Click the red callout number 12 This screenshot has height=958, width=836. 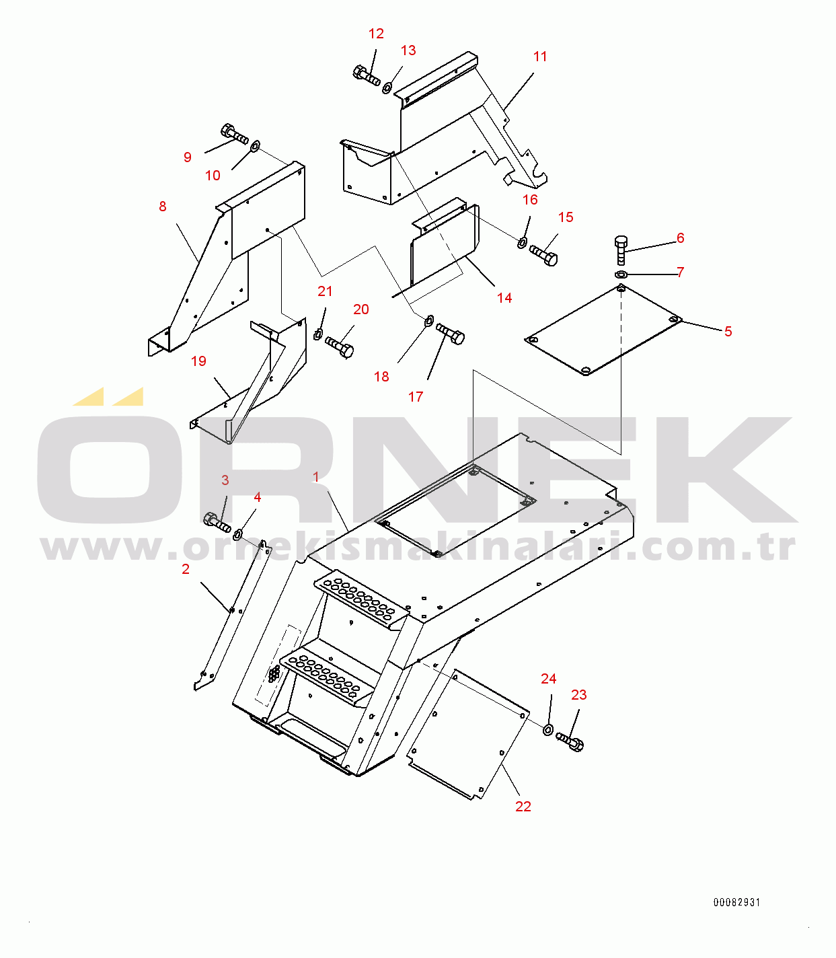[376, 34]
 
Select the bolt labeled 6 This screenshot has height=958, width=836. [621, 250]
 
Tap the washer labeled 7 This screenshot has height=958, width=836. [621, 274]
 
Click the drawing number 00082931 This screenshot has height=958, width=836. [736, 902]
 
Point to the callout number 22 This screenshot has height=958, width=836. [523, 806]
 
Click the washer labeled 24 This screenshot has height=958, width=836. [547, 729]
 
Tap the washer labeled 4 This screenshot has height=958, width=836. [238, 533]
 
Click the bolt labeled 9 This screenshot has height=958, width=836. [234, 135]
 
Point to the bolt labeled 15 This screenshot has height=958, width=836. [543, 256]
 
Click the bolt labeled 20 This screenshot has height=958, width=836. [340, 346]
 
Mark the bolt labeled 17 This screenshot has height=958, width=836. [450, 333]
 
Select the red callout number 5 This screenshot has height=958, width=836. [728, 332]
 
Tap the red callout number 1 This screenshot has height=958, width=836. [316, 477]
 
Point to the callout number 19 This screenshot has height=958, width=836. [199, 361]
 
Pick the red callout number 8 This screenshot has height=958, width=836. [163, 207]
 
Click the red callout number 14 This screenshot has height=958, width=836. [504, 298]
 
